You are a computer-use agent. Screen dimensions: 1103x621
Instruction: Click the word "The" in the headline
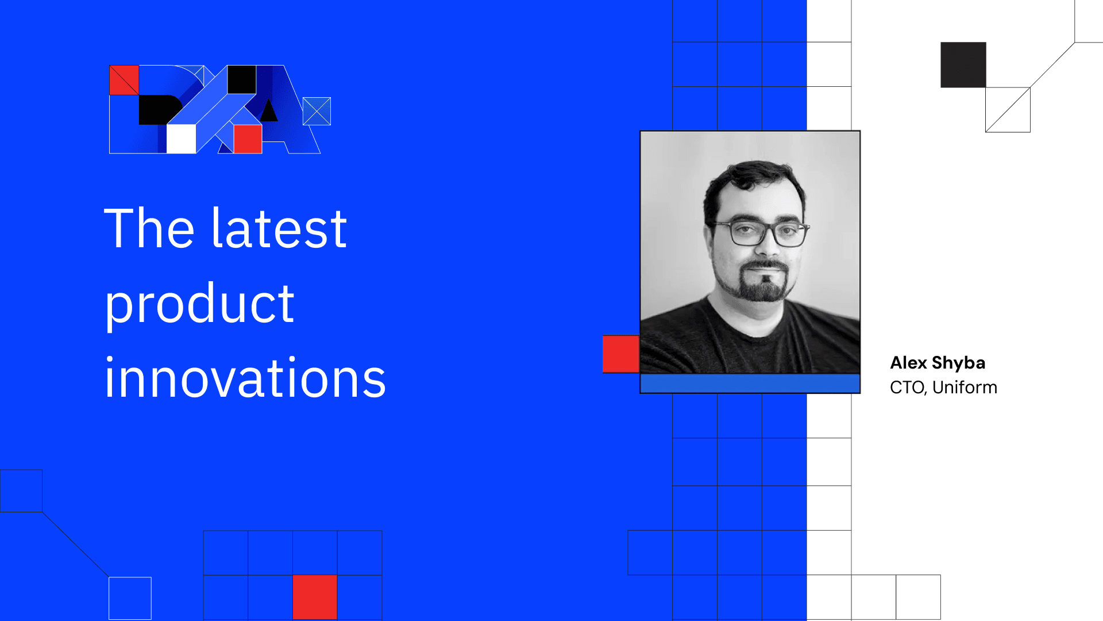tap(149, 228)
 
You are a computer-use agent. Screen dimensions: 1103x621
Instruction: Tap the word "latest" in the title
tap(280, 228)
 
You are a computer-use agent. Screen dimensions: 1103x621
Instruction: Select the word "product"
tap(199, 304)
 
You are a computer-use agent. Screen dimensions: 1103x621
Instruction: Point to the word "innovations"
tap(245, 378)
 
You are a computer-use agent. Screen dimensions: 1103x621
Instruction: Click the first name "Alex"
tap(909, 363)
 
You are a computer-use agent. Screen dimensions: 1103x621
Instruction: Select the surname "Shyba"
tap(959, 363)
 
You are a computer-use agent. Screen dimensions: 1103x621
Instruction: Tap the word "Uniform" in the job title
tap(965, 387)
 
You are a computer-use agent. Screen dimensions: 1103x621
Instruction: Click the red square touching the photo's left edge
tap(621, 354)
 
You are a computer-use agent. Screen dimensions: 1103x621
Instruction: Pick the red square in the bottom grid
tap(315, 597)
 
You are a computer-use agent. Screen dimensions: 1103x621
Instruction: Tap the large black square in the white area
tap(963, 64)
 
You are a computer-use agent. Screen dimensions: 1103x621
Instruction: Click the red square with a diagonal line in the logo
tap(124, 80)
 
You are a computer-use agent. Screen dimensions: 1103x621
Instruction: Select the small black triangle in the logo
tap(268, 110)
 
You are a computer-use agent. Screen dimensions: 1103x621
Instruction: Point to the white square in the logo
tap(182, 139)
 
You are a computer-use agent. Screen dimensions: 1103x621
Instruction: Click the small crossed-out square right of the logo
tap(317, 111)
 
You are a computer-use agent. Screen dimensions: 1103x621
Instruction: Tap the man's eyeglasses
tap(761, 233)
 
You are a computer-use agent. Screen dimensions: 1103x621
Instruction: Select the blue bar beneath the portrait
tap(750, 384)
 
